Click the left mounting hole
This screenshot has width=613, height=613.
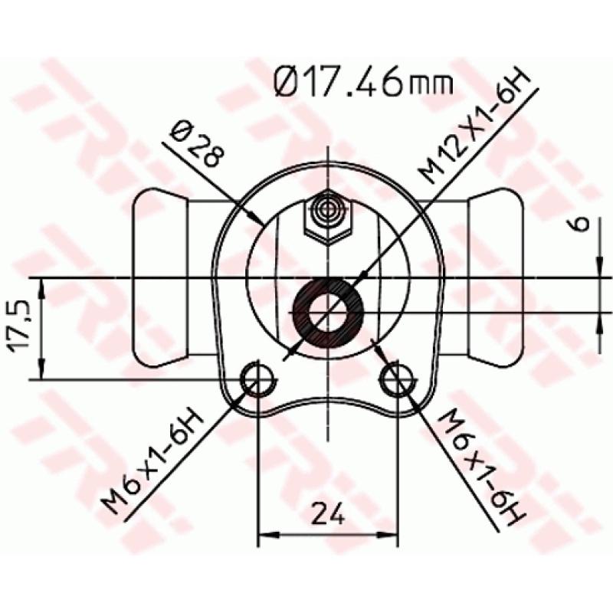tap(257, 377)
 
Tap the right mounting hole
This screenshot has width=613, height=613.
tap(397, 377)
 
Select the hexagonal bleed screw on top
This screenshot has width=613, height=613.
tap(328, 217)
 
